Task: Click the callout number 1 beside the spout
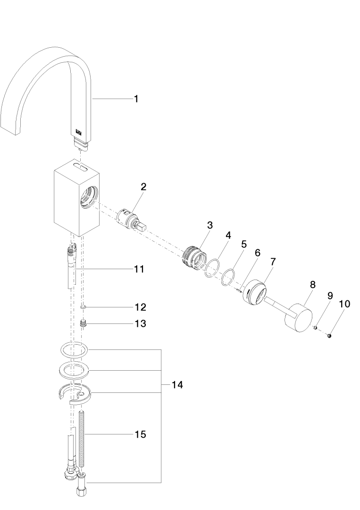click(x=136, y=99)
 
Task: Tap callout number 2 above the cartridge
click(x=143, y=187)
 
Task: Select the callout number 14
click(x=176, y=385)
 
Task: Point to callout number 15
click(x=140, y=434)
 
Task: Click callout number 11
click(x=138, y=269)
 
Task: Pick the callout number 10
click(x=345, y=304)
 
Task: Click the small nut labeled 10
click(x=329, y=336)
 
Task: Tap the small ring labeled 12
click(x=83, y=307)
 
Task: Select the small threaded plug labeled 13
click(x=84, y=324)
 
